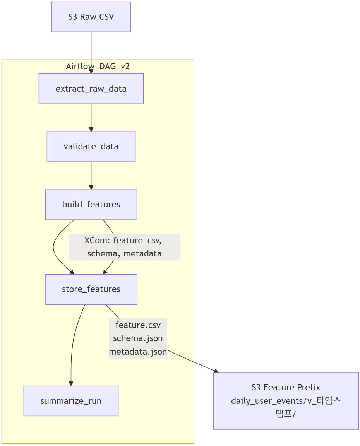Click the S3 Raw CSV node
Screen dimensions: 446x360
(x=91, y=17)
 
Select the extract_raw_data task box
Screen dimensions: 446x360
(x=91, y=89)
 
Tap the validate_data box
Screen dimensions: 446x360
(x=91, y=147)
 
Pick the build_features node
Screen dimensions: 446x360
(x=91, y=205)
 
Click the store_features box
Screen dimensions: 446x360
(x=91, y=289)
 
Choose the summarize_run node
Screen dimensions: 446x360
(x=71, y=401)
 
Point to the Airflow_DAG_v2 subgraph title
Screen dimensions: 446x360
(x=98, y=67)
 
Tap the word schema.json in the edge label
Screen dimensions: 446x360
(x=138, y=338)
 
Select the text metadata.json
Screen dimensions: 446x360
(x=138, y=352)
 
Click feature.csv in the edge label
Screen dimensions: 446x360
(x=138, y=325)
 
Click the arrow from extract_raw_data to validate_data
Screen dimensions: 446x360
(x=91, y=118)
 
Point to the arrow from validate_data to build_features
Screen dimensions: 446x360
(x=91, y=176)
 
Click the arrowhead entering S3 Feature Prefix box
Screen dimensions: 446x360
(x=216, y=371)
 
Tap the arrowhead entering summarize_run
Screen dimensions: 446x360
(x=71, y=383)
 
